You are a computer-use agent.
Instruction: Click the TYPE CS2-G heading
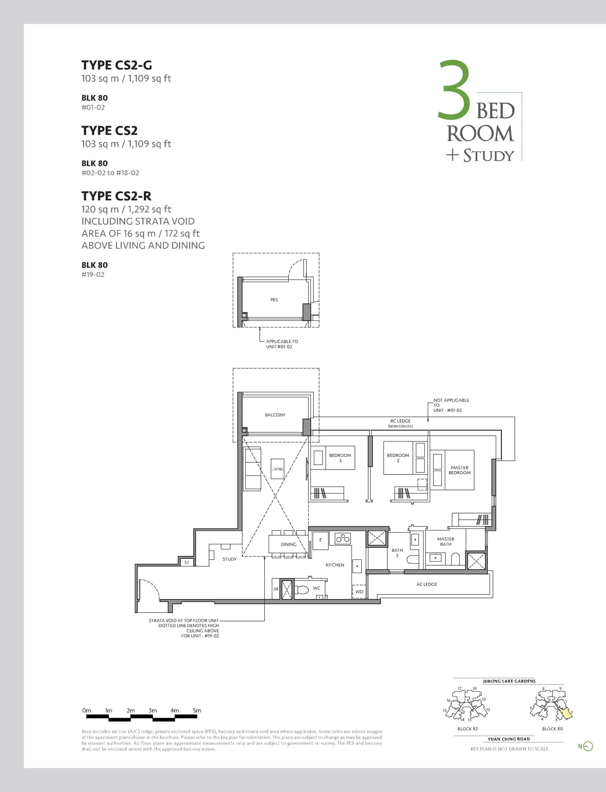pyautogui.click(x=117, y=65)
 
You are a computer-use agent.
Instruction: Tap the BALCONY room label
pyautogui.click(x=275, y=415)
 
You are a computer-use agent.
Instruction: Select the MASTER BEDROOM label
pyautogui.click(x=460, y=470)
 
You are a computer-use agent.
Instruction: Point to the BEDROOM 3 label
pyautogui.click(x=340, y=458)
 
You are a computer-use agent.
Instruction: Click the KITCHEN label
pyautogui.click(x=335, y=565)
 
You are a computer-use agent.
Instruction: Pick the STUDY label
pyautogui.click(x=229, y=559)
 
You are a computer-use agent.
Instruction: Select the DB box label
pyautogui.click(x=276, y=589)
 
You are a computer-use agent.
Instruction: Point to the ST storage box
pyautogui.click(x=187, y=562)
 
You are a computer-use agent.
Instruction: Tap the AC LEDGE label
pyautogui.click(x=427, y=584)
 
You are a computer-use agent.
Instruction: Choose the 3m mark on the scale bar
pyautogui.click(x=153, y=710)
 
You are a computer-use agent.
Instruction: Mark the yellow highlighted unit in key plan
pyautogui.click(x=565, y=713)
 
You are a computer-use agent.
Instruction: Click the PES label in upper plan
pyautogui.click(x=274, y=300)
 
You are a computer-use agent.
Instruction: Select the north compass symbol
pyautogui.click(x=585, y=746)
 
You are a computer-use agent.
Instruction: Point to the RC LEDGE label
pyautogui.click(x=400, y=421)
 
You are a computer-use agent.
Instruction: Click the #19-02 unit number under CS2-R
pyautogui.click(x=93, y=274)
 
